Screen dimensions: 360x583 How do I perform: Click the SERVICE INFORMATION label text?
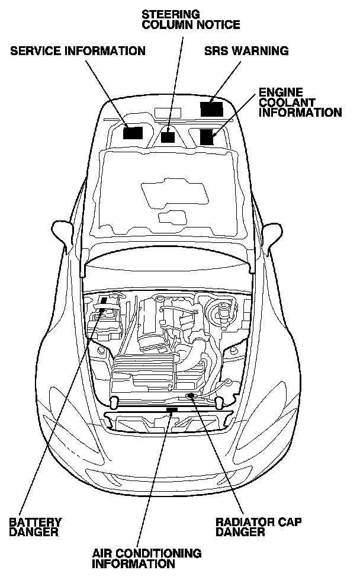click(x=78, y=51)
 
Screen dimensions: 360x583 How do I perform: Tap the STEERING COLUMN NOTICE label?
click(x=191, y=19)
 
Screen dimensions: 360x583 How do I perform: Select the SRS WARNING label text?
click(x=246, y=51)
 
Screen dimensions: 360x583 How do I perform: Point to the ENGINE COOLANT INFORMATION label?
click(x=300, y=102)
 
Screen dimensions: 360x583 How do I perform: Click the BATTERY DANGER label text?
click(x=35, y=527)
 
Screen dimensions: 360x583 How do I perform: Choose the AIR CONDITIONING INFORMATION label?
click(x=146, y=558)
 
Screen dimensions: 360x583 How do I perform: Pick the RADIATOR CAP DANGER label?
click(x=258, y=527)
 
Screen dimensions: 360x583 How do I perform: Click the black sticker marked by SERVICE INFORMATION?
click(x=133, y=132)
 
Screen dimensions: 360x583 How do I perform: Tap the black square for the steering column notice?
click(x=168, y=137)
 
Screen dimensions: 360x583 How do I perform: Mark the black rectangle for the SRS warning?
click(x=211, y=109)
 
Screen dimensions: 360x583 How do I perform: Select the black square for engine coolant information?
click(x=207, y=137)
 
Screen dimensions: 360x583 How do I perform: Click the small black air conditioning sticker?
click(x=172, y=409)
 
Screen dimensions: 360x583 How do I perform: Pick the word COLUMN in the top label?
click(x=163, y=24)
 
